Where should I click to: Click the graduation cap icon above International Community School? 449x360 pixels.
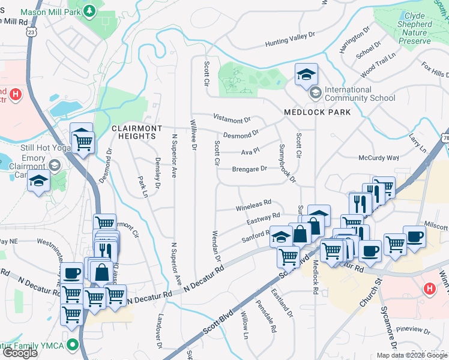[x=306, y=74]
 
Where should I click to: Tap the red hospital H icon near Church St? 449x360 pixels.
[x=429, y=289]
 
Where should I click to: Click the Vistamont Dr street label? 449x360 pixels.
[x=231, y=118]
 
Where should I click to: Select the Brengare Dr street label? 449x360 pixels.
[x=249, y=169]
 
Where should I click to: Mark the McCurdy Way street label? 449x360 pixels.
[x=378, y=158]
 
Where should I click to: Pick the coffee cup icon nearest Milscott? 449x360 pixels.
[x=414, y=236]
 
